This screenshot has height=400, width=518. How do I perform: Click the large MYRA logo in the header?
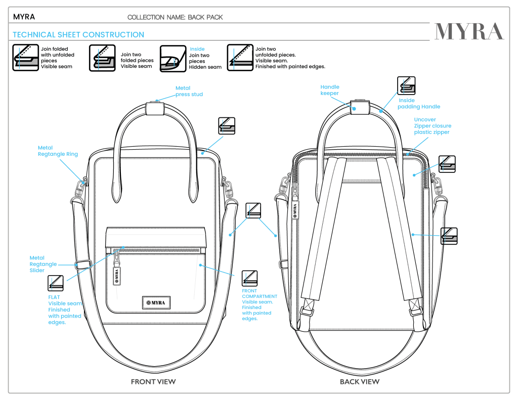[469, 32]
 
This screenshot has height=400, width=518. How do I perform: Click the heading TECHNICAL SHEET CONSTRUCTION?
[78, 35]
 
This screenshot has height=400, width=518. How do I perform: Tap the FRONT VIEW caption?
[153, 381]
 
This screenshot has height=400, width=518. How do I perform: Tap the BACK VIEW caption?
[360, 381]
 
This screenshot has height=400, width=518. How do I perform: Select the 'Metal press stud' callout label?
[189, 91]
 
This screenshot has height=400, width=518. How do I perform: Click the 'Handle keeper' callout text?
[330, 90]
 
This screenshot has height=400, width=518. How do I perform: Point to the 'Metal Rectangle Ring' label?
[58, 151]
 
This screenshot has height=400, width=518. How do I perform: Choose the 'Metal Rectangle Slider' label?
[42, 264]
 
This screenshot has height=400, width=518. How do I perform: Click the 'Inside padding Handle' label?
[418, 104]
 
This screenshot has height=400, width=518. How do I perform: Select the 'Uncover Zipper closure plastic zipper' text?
[433, 126]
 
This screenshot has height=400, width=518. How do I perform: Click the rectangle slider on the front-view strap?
[83, 264]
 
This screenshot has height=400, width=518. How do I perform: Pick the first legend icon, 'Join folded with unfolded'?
[24, 57]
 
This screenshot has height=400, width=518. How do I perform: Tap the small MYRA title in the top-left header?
[24, 17]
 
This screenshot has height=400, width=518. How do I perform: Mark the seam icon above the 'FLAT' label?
[56, 283]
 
